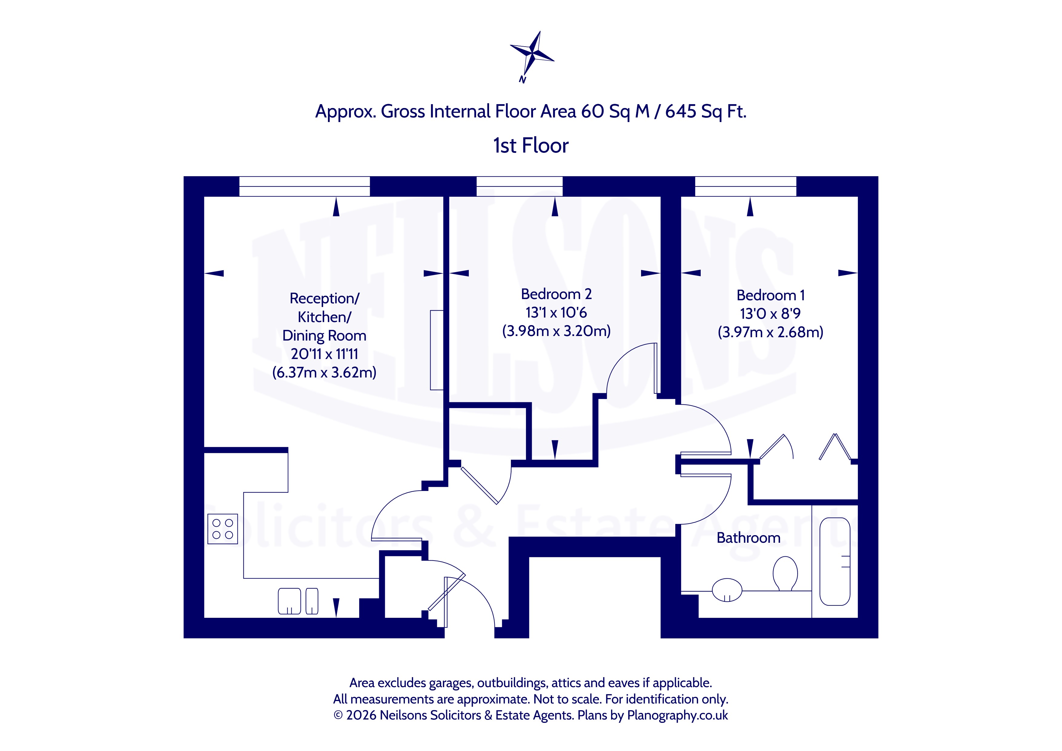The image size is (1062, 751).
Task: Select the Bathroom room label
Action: tap(748, 538)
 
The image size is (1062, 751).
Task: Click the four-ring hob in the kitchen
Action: tap(223, 529)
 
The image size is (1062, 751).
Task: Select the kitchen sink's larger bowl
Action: tap(289, 601)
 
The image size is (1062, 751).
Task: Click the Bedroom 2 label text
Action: tap(556, 294)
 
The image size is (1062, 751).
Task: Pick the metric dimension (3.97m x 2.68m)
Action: tap(770, 332)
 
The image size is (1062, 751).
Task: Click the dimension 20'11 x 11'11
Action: tap(324, 354)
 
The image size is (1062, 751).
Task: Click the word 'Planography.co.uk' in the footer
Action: tap(677, 715)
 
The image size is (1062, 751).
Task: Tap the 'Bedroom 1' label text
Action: tap(771, 295)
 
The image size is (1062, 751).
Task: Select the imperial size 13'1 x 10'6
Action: tap(556, 313)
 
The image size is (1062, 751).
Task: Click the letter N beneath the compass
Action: tap(523, 80)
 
